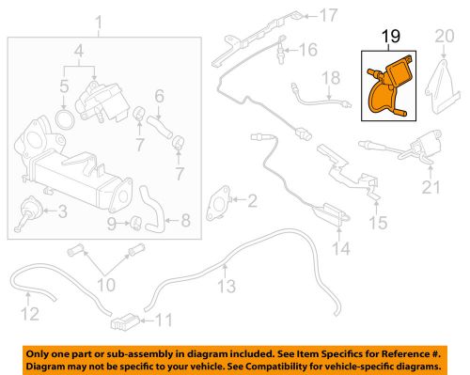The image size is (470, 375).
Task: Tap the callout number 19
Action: click(x=391, y=37)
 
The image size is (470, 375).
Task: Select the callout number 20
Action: click(x=445, y=37)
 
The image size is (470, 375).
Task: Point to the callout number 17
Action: click(x=328, y=15)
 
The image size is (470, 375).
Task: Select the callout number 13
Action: click(x=227, y=286)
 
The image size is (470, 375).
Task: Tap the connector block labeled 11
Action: click(x=125, y=321)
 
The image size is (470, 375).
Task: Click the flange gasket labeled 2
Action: click(x=217, y=203)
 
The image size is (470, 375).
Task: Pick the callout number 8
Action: click(x=186, y=220)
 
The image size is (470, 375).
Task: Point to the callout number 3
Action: click(x=63, y=211)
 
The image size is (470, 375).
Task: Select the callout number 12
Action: click(x=30, y=314)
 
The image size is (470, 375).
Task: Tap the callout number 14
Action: click(x=341, y=249)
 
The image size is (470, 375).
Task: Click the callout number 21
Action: click(x=431, y=187)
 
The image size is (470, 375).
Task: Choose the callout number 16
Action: click(x=308, y=50)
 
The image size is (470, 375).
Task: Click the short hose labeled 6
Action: click(x=159, y=128)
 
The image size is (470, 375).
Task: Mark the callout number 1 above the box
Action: click(x=99, y=23)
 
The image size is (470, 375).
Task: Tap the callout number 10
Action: click(x=106, y=285)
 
